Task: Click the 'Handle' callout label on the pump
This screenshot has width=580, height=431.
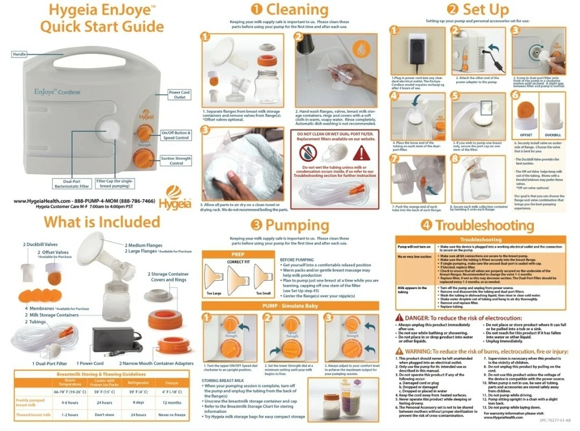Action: point(19,54)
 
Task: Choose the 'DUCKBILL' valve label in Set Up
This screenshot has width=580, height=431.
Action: point(552,135)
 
